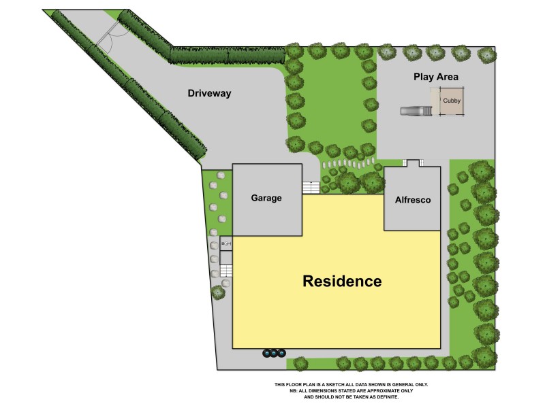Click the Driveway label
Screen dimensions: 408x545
pyautogui.click(x=210, y=94)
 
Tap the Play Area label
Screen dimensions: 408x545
pyautogui.click(x=436, y=77)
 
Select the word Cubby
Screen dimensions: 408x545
pyautogui.click(x=451, y=101)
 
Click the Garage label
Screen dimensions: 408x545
pyautogui.click(x=267, y=198)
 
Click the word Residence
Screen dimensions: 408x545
pyautogui.click(x=342, y=281)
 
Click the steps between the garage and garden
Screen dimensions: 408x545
pyautogui.click(x=311, y=187)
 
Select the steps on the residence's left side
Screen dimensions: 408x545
pyautogui.click(x=226, y=271)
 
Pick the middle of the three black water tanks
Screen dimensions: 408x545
pyautogui.click(x=274, y=353)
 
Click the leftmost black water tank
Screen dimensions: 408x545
pyautogui.click(x=266, y=353)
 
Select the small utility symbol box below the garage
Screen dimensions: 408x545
pyautogui.click(x=226, y=243)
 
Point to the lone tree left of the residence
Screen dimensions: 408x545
pyautogui.click(x=218, y=293)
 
